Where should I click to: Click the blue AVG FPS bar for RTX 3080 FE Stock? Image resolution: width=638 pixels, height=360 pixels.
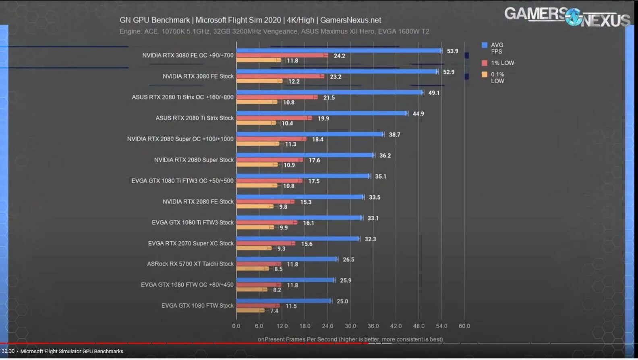[x=337, y=72]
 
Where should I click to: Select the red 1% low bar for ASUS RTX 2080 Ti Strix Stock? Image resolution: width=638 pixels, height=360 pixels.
[x=274, y=118]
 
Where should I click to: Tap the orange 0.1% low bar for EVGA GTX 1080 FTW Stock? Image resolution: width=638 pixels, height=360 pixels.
[x=250, y=310]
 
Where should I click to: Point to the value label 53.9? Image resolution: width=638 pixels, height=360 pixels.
[x=452, y=51]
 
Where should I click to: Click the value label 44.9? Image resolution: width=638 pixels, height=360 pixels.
[x=418, y=114]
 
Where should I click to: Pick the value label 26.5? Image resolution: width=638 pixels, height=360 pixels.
[x=348, y=260]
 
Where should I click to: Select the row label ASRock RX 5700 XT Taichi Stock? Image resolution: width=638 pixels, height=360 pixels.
[x=190, y=264]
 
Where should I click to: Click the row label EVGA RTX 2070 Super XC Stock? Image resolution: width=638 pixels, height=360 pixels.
[x=191, y=243]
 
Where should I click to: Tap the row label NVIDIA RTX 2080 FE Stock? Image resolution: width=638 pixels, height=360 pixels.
[x=198, y=202]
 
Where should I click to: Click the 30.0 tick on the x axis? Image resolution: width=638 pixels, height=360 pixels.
[x=350, y=326]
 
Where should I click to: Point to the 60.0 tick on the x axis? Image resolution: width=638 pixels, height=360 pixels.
[x=464, y=326]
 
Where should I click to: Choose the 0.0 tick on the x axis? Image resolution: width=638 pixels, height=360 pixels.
[x=236, y=326]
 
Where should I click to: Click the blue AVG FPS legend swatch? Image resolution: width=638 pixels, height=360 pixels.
[x=485, y=45]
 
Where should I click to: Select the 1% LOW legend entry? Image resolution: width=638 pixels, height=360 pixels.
[x=502, y=63]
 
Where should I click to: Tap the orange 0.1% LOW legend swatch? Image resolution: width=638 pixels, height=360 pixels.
[x=485, y=74]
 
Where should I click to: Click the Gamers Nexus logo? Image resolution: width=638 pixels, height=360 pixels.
[x=567, y=17]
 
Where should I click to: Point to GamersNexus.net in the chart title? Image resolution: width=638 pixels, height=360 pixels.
[x=350, y=20]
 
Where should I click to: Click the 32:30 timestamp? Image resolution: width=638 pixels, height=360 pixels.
[x=8, y=352]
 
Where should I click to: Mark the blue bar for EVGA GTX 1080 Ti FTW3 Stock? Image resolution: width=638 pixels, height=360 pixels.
[x=299, y=218]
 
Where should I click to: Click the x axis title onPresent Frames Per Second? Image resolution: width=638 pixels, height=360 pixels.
[x=350, y=339]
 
